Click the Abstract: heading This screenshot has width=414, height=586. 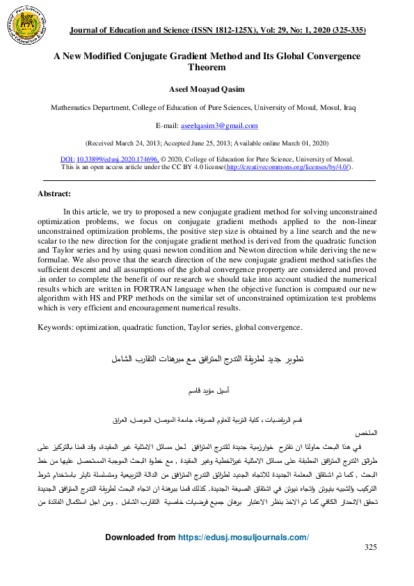click(54, 194)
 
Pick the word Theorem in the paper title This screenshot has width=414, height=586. click(207, 68)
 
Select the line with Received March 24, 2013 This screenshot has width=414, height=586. click(207, 142)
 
